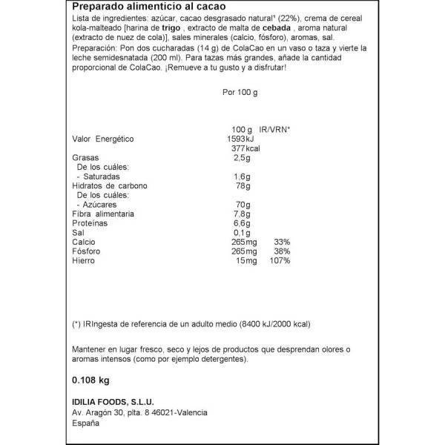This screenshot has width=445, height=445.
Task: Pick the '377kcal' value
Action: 240,148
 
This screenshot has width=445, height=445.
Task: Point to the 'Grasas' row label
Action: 85,158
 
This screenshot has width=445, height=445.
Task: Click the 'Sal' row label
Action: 77,232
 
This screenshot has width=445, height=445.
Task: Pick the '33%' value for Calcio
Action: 282,242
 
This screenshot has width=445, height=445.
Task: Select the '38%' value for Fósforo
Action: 282,251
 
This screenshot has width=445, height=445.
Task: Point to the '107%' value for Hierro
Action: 280,260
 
